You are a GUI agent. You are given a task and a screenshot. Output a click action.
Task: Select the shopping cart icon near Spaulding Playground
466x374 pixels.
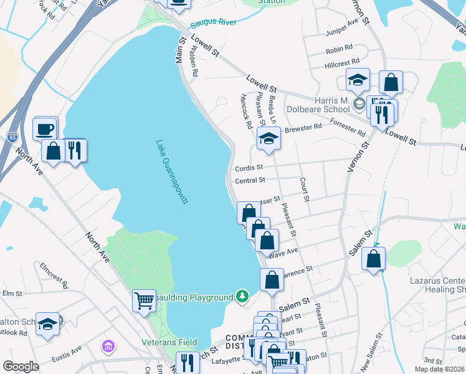pos(144,301)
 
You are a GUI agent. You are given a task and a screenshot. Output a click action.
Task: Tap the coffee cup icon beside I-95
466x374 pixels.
pos(45,128)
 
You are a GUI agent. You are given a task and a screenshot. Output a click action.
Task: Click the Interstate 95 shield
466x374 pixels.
pos(12,138)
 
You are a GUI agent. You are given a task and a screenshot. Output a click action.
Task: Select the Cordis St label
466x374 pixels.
pos(249,168)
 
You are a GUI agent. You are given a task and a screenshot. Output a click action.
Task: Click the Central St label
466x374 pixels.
pos(250,181)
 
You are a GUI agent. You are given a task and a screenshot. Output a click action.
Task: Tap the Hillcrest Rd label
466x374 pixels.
pos(342,63)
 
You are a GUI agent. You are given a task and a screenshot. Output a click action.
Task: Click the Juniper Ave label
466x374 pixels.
pos(342,35)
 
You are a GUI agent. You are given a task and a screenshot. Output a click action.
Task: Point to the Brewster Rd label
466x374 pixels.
pos(303,128)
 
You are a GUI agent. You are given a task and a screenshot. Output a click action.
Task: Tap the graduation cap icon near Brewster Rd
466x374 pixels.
pos(269,138)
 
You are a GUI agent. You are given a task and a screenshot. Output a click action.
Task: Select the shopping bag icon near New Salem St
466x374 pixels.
pos(373,259)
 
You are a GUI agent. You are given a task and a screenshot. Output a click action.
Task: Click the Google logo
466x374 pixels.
pos(21,367)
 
